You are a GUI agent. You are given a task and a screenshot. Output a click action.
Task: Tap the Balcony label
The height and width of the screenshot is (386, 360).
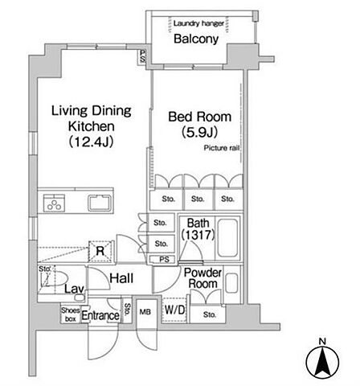[196, 39]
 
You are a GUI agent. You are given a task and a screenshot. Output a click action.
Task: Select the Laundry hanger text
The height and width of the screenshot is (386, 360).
[198, 23]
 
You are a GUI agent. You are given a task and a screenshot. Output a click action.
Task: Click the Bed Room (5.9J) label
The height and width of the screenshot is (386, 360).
[200, 125]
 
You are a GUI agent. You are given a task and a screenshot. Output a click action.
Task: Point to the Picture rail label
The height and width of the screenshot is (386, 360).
[222, 148]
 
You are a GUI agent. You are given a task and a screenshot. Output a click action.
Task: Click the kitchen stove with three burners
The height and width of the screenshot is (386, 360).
[54, 203]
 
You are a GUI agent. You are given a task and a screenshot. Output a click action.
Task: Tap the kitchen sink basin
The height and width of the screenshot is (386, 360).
[100, 203]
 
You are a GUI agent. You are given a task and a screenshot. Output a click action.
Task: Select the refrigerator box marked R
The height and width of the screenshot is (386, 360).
[100, 251]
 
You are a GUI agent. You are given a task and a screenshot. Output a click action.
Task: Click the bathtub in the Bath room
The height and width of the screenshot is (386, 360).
[227, 238]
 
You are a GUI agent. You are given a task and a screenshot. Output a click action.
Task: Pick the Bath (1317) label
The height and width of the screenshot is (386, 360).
[198, 229]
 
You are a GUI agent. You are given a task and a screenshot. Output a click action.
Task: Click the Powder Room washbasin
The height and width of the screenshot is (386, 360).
[231, 283]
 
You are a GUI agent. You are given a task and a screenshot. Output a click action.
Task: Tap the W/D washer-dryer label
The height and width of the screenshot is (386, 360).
[174, 310]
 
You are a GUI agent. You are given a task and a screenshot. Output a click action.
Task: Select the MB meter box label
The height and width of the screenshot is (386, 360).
[145, 312]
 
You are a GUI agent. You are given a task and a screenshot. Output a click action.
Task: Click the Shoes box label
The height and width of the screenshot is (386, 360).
[71, 314]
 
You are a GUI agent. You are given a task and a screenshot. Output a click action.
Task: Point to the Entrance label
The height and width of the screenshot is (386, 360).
[100, 315]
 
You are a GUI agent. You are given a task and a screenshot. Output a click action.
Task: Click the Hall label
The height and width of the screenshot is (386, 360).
[121, 278]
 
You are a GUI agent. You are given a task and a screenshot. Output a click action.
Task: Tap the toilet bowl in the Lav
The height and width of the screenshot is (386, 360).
[57, 278]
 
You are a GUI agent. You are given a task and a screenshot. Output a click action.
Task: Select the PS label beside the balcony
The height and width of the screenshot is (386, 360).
[142, 56]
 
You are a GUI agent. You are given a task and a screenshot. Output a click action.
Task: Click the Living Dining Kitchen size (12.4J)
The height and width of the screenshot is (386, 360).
[92, 142]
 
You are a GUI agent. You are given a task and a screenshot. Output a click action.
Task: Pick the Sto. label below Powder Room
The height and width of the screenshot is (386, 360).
[209, 314]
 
